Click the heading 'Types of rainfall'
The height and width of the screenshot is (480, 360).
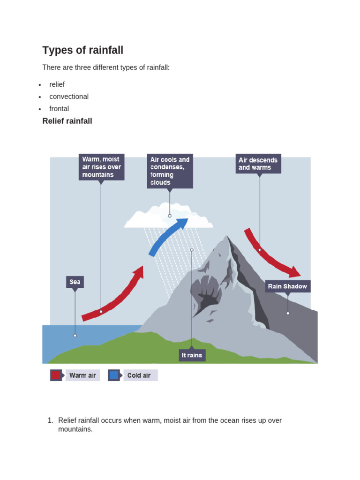82,50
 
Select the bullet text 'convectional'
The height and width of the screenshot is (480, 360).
69,97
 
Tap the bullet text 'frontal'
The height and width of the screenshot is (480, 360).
59,109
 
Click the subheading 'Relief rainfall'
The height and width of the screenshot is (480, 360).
67,121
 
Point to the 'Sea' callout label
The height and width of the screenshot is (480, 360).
75,282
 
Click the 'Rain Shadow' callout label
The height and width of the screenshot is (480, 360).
287,286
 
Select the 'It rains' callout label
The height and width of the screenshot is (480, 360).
192,355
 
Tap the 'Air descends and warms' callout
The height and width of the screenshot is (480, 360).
258,164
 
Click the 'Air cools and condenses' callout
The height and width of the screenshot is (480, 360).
170,171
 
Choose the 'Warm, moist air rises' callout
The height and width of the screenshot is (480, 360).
101,167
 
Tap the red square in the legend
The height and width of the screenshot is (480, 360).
56,375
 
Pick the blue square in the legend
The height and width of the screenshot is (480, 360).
114,375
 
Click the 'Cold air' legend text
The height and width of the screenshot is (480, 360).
139,375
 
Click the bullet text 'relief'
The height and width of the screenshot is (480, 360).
57,84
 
